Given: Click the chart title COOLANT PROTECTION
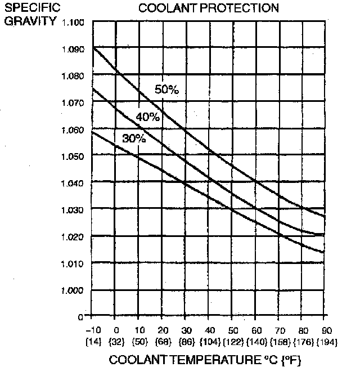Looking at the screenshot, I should pos(208,8).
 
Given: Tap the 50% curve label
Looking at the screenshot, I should pos(166,89).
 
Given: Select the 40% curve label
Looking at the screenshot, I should pos(148,117).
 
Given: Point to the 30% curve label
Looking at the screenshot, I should pos(134,138).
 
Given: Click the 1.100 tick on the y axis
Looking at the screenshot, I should pos(74,23).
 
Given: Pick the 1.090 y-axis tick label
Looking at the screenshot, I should pos(74,50).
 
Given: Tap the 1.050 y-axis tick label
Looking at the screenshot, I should pos(74,156).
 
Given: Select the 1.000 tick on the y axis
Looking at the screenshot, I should pos(74,290).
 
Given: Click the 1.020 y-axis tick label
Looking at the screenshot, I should pos(74,236).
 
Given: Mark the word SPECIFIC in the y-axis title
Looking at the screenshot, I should pos(25,9).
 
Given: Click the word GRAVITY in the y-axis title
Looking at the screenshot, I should pos(22,22).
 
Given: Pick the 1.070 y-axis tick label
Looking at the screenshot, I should pos(74,103).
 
